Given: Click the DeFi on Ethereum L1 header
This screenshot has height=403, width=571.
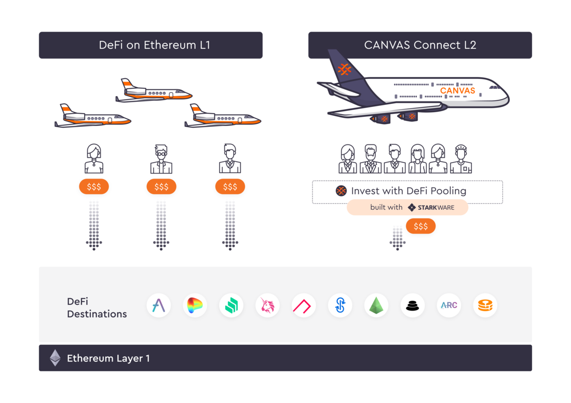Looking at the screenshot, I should coord(151,45).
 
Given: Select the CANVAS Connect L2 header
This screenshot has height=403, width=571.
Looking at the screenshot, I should coord(420,45).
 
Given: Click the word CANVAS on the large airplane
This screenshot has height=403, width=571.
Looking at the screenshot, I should coord(457,90).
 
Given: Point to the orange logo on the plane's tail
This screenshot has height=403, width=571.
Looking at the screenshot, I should coord(344,69).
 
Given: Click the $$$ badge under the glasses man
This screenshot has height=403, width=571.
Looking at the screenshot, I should coord(161,186).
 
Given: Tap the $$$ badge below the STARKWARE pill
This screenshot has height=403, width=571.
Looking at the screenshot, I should coord(420,226).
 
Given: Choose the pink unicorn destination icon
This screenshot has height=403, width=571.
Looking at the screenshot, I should coord(268,305).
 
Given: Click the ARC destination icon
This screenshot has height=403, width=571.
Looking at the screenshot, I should coord(448,305).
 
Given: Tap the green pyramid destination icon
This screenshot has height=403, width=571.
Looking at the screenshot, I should coord(376,305).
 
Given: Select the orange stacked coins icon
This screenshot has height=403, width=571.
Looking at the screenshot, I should coord(485,305).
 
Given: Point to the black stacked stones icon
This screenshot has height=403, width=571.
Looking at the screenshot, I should coord(412,305).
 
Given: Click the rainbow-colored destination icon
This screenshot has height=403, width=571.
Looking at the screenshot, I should coord(195,305).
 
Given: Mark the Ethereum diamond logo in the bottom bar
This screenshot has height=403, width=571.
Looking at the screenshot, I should coord(55,358).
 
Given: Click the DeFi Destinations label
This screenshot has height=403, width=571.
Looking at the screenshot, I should coord(97,307).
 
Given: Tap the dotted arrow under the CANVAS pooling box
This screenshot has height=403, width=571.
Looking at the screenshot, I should coord(398,238).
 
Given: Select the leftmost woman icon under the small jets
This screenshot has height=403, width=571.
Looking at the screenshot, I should coord(94,159).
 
